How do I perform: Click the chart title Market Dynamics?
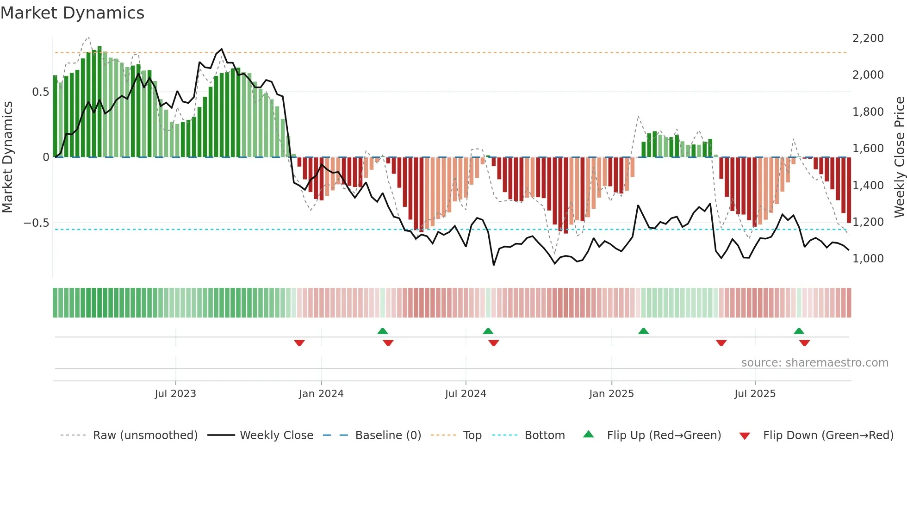(x=73, y=13)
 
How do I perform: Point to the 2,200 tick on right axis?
(x=868, y=38)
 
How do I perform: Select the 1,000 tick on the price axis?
(x=868, y=259)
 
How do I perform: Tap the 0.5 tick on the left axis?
(x=40, y=92)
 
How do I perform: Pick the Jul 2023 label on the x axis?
(x=175, y=394)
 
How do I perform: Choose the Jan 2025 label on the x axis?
(x=611, y=394)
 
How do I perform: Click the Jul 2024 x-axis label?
(x=466, y=394)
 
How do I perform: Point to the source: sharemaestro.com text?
(x=814, y=363)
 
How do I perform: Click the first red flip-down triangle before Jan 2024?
(x=299, y=343)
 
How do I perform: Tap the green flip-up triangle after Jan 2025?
(x=643, y=331)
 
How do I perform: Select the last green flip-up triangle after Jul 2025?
(x=799, y=331)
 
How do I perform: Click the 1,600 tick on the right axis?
(x=868, y=149)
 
